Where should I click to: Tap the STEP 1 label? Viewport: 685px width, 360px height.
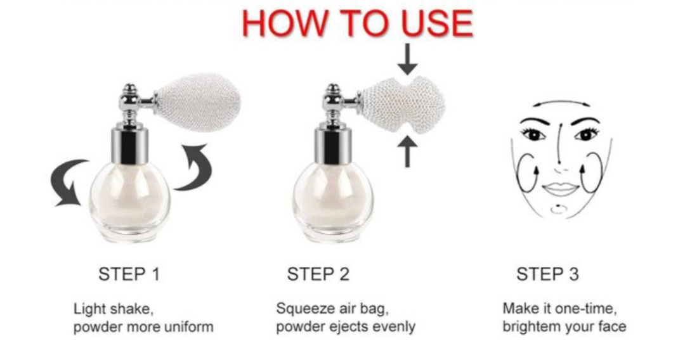click(x=129, y=274)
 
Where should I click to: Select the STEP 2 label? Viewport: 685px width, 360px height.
click(x=318, y=274)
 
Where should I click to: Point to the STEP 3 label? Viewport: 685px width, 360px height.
click(x=547, y=274)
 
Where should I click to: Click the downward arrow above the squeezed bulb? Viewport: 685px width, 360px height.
click(x=408, y=59)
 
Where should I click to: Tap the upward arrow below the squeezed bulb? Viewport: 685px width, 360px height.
click(x=408, y=151)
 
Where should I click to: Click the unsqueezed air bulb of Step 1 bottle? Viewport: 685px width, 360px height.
click(x=198, y=102)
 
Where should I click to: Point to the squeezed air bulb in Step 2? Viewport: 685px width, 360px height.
click(x=402, y=105)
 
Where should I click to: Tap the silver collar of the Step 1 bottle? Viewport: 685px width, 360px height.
click(x=129, y=146)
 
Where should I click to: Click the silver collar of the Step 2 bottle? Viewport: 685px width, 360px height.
click(x=333, y=146)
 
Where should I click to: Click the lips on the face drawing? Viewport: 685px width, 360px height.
click(x=560, y=189)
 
